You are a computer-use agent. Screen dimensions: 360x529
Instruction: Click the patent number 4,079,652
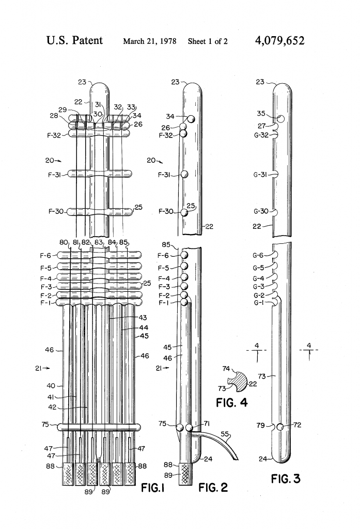(x=280, y=41)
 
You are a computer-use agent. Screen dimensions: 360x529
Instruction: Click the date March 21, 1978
(x=149, y=41)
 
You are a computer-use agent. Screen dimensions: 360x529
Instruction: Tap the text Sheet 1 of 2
(x=208, y=41)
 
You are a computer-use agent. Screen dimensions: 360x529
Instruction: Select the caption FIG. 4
(x=231, y=402)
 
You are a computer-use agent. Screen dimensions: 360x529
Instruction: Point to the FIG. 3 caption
(x=286, y=478)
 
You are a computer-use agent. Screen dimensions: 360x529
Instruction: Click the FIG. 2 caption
(x=213, y=487)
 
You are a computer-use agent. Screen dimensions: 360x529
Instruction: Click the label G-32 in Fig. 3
(x=261, y=135)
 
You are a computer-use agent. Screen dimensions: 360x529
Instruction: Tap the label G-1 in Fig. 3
(x=259, y=303)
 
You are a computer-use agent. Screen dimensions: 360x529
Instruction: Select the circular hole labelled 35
(x=280, y=119)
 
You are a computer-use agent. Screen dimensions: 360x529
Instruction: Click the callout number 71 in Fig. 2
(x=207, y=424)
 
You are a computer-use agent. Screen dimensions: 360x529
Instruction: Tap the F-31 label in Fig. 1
(x=54, y=175)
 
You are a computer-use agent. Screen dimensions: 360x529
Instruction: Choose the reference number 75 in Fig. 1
(x=45, y=425)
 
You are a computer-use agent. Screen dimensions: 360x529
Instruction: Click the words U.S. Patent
(x=74, y=40)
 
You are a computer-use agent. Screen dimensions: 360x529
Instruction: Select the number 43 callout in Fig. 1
(x=143, y=318)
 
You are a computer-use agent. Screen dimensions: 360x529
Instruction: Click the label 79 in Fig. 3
(x=260, y=425)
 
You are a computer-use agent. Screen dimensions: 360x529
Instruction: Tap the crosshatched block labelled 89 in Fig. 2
(x=185, y=474)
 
